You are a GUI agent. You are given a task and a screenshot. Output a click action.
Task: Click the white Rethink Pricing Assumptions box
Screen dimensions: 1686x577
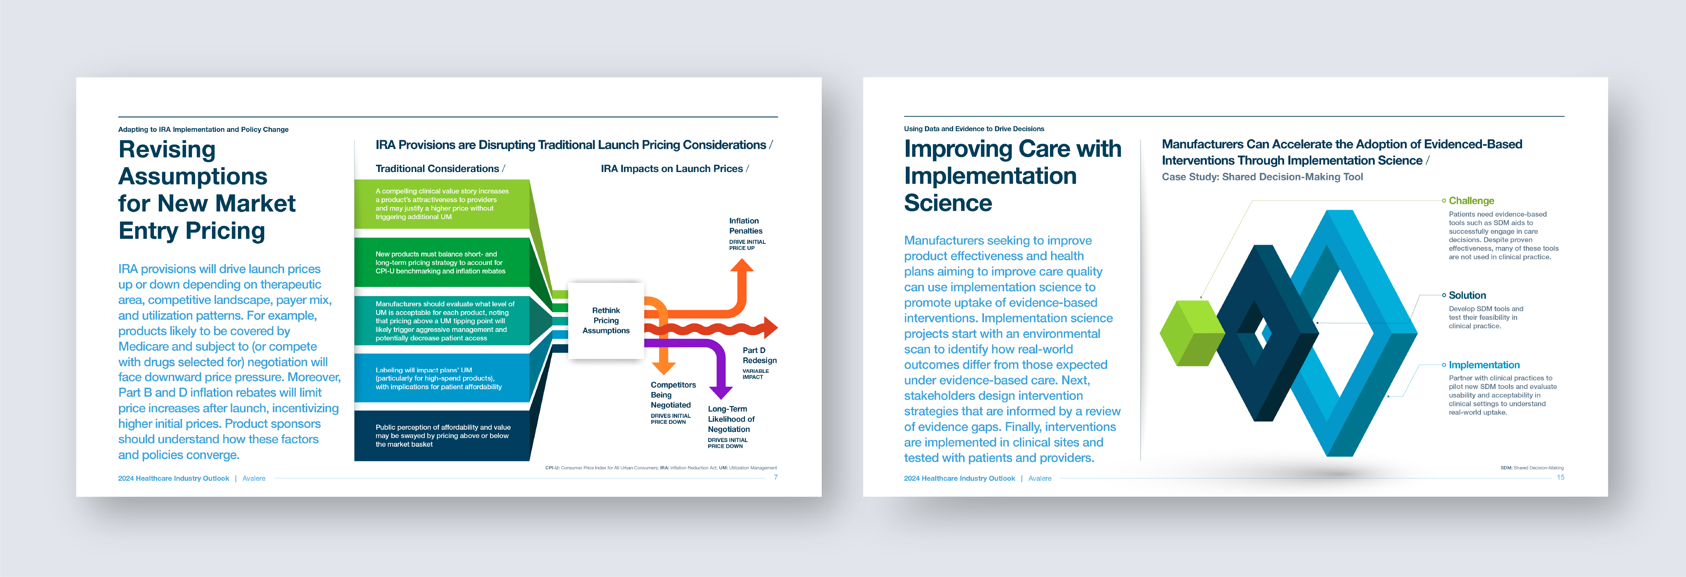(606, 320)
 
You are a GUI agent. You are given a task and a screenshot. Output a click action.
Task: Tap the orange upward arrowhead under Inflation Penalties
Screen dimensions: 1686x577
(741, 265)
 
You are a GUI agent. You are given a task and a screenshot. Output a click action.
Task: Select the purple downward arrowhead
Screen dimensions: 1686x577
(721, 392)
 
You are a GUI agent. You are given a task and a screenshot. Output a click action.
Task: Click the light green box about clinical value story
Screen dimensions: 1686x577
(442, 204)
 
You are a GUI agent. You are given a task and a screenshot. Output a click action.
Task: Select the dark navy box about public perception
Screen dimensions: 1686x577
(442, 435)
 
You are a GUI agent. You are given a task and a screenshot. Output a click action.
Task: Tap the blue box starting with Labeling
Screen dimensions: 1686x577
(442, 378)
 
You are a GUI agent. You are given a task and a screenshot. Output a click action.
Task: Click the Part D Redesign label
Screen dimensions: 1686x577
(759, 355)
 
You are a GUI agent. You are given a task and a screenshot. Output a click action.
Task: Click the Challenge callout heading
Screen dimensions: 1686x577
(1471, 200)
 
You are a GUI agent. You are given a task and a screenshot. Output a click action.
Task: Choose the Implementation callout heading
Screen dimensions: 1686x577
(1484, 365)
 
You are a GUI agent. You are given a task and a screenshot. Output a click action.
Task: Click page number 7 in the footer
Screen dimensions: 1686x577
(776, 477)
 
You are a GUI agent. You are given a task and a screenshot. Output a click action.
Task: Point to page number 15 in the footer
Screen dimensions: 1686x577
(1560, 477)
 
